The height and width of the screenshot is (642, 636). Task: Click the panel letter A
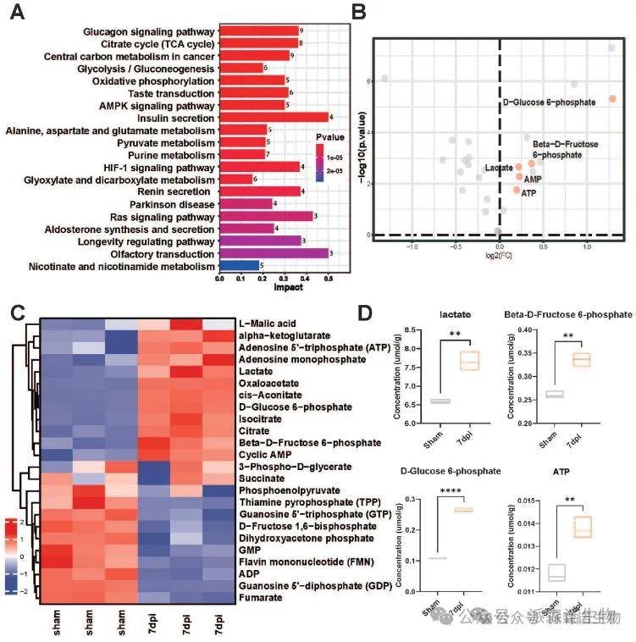click(x=16, y=14)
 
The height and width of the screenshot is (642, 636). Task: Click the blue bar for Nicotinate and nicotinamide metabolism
click(x=239, y=266)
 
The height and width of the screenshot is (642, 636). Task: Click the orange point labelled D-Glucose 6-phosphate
click(x=612, y=99)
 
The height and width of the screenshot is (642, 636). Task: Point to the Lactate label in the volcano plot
click(x=499, y=168)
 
